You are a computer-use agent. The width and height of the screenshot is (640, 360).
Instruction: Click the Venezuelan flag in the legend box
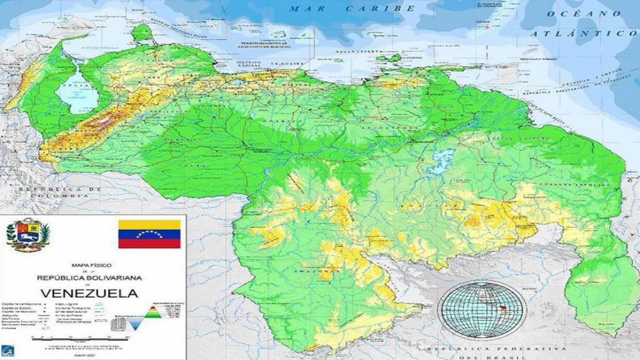149,234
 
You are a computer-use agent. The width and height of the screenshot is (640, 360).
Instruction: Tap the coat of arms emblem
28,234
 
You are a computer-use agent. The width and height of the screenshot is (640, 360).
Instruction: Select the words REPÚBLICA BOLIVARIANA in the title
90,278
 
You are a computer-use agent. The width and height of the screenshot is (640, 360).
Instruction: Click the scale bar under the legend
80,338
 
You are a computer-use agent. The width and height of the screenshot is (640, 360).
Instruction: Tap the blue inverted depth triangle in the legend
136,323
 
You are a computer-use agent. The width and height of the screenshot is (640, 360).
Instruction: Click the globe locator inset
482,309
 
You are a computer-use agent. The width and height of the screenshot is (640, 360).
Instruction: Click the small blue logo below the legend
8,350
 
